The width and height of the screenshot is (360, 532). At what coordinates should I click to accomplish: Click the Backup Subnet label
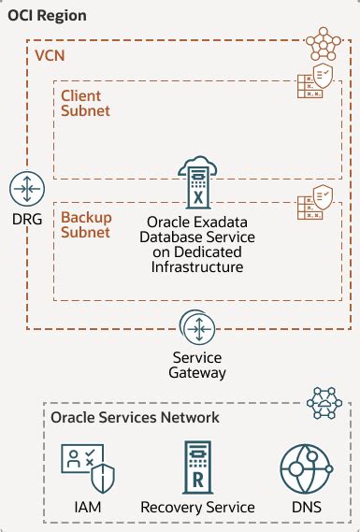(x=86, y=223)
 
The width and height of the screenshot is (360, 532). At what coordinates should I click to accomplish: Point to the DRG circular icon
(x=26, y=188)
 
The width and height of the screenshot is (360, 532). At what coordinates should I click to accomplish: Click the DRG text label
(x=26, y=221)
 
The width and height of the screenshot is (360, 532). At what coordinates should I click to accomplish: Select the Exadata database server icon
(x=197, y=182)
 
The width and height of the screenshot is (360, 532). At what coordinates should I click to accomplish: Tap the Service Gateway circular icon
(x=197, y=329)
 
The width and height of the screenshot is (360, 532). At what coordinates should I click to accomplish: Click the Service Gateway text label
(x=197, y=365)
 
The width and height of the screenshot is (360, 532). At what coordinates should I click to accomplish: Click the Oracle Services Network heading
(x=135, y=417)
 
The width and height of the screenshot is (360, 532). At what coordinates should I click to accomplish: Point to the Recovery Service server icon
(x=197, y=465)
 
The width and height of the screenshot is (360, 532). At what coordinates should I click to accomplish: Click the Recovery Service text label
(x=197, y=507)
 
